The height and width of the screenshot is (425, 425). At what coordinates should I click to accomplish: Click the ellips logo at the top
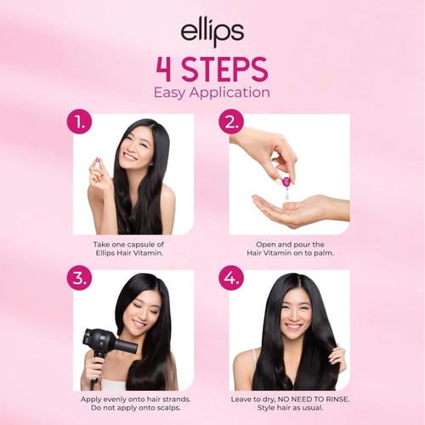pyautogui.click(x=212, y=34)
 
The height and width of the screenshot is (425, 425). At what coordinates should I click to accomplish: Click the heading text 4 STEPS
pyautogui.click(x=212, y=69)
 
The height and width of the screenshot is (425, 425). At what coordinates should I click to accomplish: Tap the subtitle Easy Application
pyautogui.click(x=212, y=92)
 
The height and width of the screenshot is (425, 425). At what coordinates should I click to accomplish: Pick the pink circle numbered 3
pyautogui.click(x=78, y=278)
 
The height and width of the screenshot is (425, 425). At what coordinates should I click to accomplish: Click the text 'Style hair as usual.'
pyautogui.click(x=288, y=408)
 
